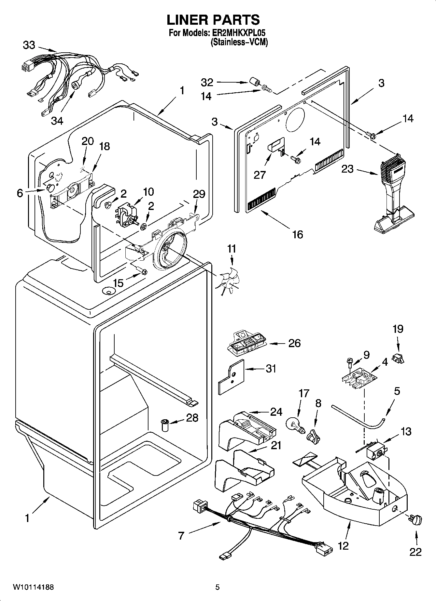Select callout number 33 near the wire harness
click(x=29, y=45)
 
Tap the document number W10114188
click(x=33, y=587)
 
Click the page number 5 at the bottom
click(x=218, y=587)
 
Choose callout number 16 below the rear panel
click(x=297, y=234)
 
